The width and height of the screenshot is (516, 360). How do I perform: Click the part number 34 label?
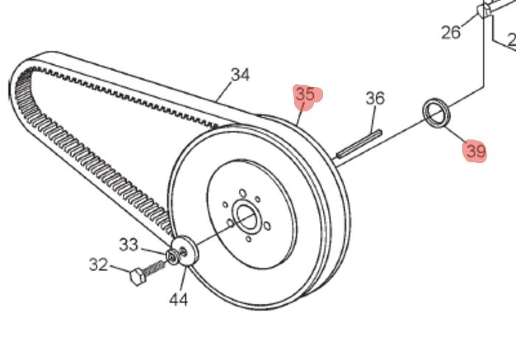(x=240, y=75)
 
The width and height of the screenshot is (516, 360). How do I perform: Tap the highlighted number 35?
(x=304, y=94)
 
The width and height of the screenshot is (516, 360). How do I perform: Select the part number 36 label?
(x=375, y=98)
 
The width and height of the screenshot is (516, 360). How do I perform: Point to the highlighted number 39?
(x=475, y=152)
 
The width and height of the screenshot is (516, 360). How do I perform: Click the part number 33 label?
(x=128, y=243)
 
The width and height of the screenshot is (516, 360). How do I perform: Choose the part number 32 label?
(x=99, y=265)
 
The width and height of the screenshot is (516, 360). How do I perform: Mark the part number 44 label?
(x=178, y=300)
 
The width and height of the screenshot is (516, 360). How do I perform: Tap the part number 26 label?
(x=451, y=32)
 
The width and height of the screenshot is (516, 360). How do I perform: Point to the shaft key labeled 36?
(x=359, y=143)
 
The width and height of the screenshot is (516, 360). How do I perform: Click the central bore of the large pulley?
(x=245, y=217)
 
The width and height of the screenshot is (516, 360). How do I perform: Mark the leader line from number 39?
(x=456, y=137)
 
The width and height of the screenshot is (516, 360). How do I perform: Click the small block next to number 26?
(x=484, y=11)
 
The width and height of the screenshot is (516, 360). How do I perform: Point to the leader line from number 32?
(x=119, y=269)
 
